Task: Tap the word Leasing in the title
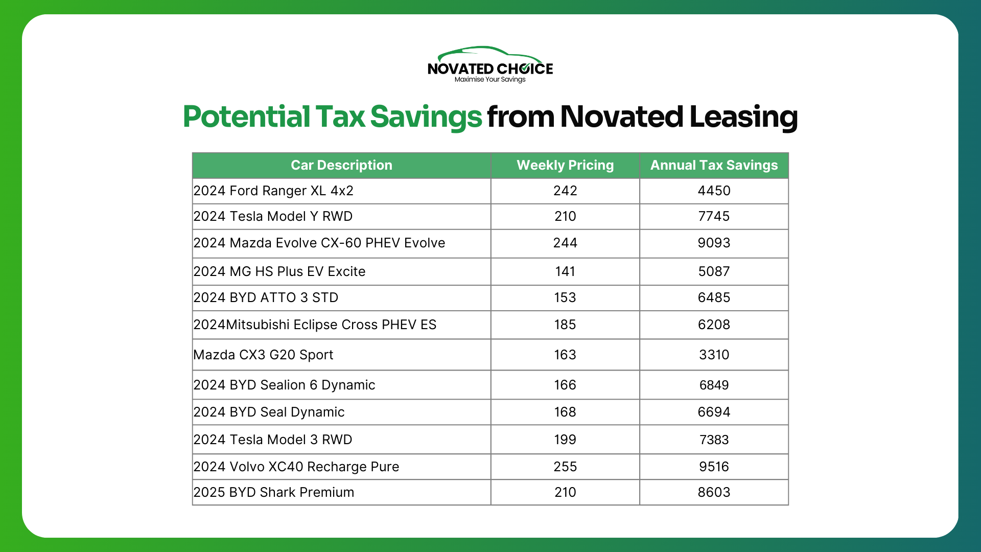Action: (743, 117)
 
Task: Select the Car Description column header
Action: (341, 165)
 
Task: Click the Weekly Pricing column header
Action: (565, 165)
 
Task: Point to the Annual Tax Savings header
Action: (714, 165)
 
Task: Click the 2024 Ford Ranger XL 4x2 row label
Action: (273, 191)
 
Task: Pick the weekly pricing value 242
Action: (565, 191)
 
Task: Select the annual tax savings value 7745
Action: (714, 216)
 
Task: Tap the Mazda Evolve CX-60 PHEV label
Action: (319, 243)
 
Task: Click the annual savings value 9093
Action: (714, 243)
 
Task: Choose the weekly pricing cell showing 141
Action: (565, 271)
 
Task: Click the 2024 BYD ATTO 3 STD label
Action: (266, 297)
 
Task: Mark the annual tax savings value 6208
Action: (714, 325)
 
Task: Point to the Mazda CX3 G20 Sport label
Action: (263, 355)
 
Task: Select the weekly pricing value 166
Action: (565, 385)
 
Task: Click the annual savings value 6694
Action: (714, 412)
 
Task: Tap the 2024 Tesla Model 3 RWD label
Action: (273, 440)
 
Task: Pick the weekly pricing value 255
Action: (565, 467)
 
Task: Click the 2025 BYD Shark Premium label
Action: (274, 492)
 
